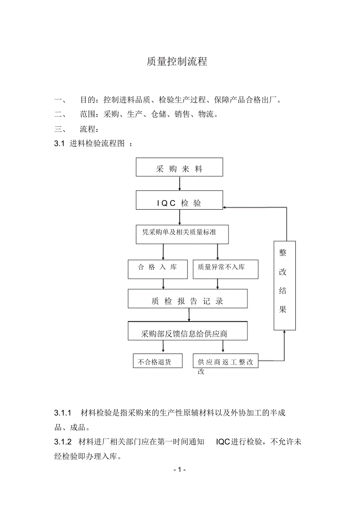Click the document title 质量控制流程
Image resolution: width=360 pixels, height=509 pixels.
click(176, 61)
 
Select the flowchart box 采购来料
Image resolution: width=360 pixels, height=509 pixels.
click(179, 167)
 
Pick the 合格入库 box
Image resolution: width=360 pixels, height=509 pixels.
click(157, 269)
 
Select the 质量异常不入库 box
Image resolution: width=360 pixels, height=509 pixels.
click(225, 269)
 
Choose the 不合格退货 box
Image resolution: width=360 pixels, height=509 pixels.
click(158, 360)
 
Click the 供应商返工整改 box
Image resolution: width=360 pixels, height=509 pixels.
click(225, 360)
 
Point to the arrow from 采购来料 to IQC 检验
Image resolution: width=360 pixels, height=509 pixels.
click(179, 183)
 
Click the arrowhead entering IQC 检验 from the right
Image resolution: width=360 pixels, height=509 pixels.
click(226, 207)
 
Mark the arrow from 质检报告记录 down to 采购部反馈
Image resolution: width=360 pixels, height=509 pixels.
click(189, 315)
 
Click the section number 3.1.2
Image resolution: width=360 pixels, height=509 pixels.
click(63, 442)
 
